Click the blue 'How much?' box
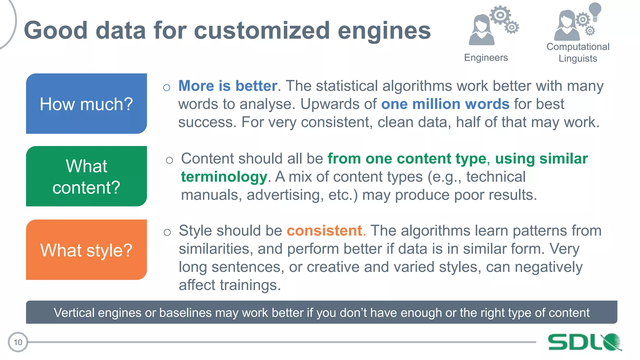[86, 103]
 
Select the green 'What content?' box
[86, 176]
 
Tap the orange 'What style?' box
[86, 250]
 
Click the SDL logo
[584, 342]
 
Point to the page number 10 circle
[18, 342]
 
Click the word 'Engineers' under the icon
[486, 57]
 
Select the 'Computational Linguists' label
[578, 52]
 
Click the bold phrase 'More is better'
[228, 86]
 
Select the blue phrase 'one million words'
[445, 104]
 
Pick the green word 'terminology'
[224, 177]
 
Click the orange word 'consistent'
[324, 231]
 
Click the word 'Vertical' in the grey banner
[74, 312]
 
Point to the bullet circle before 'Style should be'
[167, 232]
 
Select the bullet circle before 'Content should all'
[169, 160]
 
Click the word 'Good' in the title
[56, 31]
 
